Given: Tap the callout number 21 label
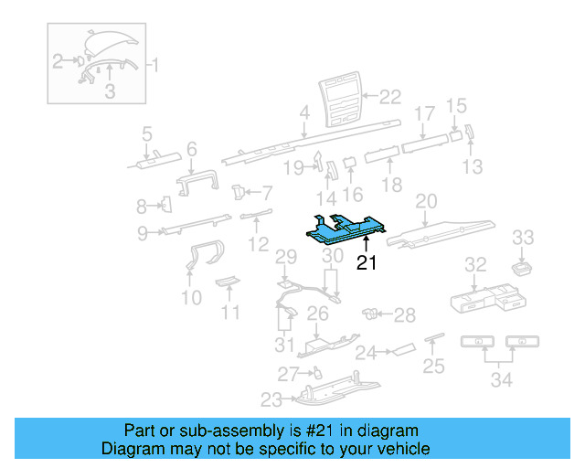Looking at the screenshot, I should click(x=367, y=264).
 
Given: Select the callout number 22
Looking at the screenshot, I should click(x=390, y=96).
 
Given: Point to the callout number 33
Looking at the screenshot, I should click(x=522, y=239).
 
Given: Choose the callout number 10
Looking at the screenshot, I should click(x=191, y=298).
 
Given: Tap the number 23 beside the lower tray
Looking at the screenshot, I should click(x=271, y=399).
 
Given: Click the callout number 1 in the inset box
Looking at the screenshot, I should click(x=154, y=65).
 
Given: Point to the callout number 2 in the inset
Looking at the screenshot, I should click(x=58, y=61).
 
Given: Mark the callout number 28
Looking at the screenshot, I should click(x=404, y=315).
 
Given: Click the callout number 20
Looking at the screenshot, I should click(x=427, y=201).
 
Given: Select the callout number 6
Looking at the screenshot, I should click(x=192, y=148).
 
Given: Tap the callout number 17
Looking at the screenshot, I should click(x=424, y=114).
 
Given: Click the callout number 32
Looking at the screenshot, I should click(x=475, y=265).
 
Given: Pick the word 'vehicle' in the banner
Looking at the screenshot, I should click(x=402, y=449).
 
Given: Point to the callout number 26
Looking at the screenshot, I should click(x=316, y=314).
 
